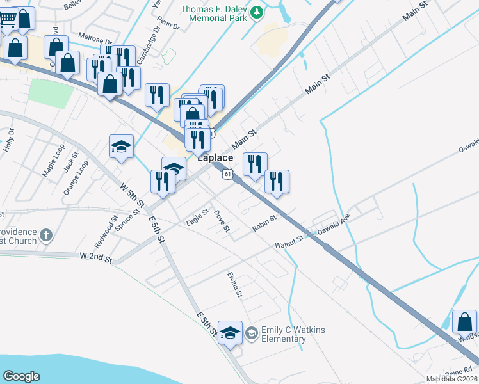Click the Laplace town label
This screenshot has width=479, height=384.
[215, 157]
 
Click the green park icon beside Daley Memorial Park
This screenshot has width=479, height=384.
[257, 13]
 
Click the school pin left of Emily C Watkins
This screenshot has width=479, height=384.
[231, 333]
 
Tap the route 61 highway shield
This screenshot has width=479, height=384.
[227, 173]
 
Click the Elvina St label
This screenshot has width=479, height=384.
[234, 285]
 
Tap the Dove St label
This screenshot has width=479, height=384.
[222, 221]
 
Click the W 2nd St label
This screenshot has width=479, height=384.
[96, 257]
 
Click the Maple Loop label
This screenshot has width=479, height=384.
[54, 164]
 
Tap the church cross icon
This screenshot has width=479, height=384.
[45, 236]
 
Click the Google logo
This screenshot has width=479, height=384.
[21, 376]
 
